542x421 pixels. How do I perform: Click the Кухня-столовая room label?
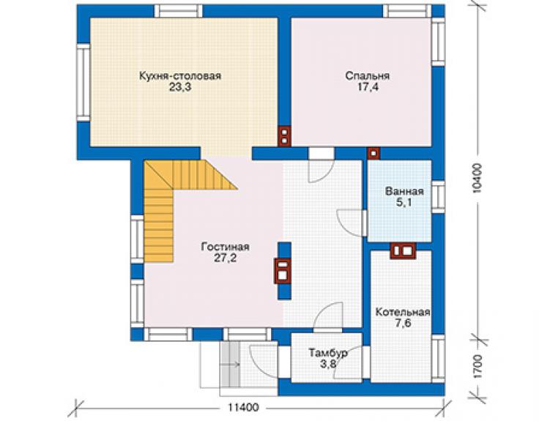(x=179, y=75)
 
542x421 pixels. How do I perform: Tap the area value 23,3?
(x=180, y=87)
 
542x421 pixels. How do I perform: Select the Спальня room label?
(x=368, y=75)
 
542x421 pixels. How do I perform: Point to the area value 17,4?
(x=368, y=87)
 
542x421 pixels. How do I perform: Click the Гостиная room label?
(x=225, y=247)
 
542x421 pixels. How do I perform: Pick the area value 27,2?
(x=225, y=258)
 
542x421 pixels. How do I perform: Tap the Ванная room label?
(x=404, y=191)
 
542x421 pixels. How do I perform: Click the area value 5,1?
(x=404, y=202)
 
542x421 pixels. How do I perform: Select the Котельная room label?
(x=403, y=312)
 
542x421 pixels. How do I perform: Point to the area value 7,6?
(x=403, y=324)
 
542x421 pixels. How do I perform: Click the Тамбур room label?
(x=328, y=353)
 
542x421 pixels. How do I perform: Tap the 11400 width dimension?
(x=243, y=408)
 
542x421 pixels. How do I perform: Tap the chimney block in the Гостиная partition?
(x=283, y=271)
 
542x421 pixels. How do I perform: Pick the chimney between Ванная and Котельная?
(x=403, y=250)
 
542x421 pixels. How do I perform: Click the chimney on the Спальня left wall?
(x=284, y=135)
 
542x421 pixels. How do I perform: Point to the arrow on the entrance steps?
(x=231, y=364)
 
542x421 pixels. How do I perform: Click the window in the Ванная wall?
(x=438, y=197)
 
